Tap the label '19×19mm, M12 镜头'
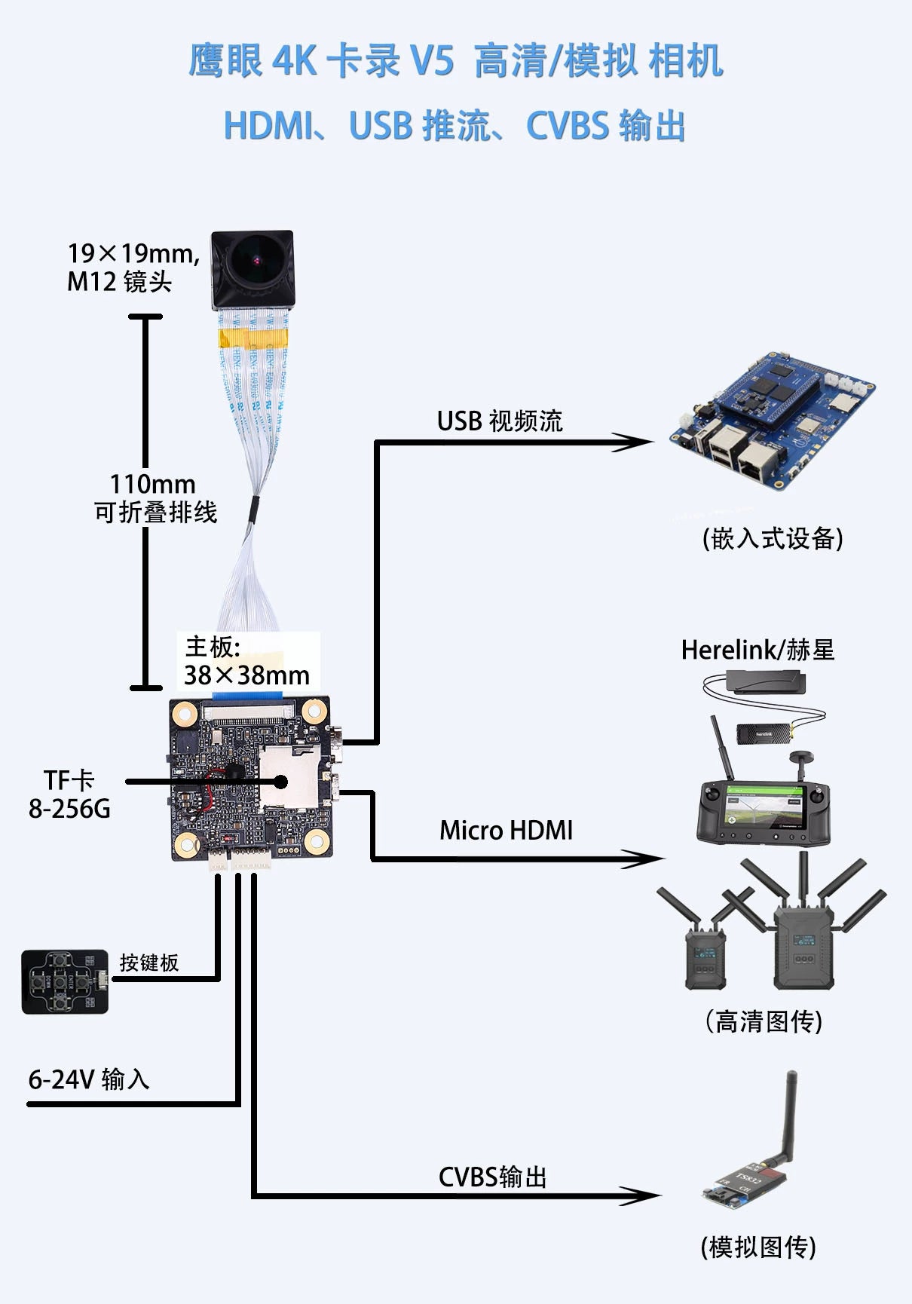(132, 267)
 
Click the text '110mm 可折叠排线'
(155, 498)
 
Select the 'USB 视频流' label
(500, 421)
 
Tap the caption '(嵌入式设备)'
(773, 538)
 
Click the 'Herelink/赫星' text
(757, 650)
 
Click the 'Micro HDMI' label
(506, 831)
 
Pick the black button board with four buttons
(64, 981)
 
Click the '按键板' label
(148, 963)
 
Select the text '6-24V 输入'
(89, 1079)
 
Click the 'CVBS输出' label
(492, 1177)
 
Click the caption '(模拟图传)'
(758, 1247)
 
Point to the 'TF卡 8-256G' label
(69, 794)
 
